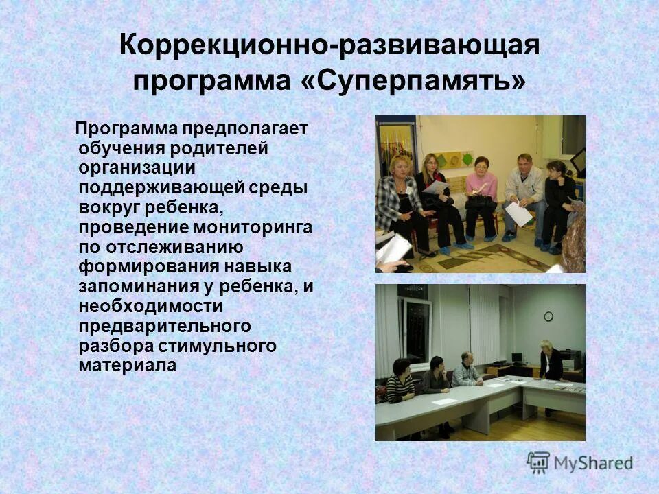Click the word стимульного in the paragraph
tap(225, 345)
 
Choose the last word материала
tap(128, 365)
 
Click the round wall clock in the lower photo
tap(548, 316)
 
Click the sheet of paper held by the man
tap(519, 214)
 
